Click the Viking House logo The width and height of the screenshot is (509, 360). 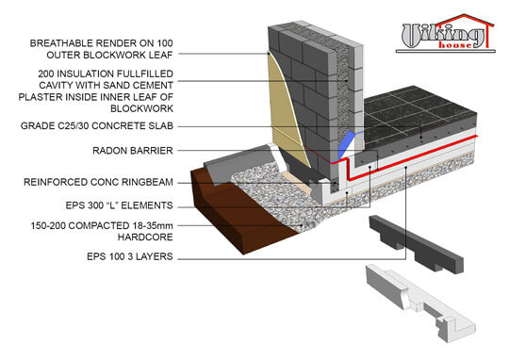pos(444,36)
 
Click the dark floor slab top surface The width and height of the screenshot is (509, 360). pos(415,113)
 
